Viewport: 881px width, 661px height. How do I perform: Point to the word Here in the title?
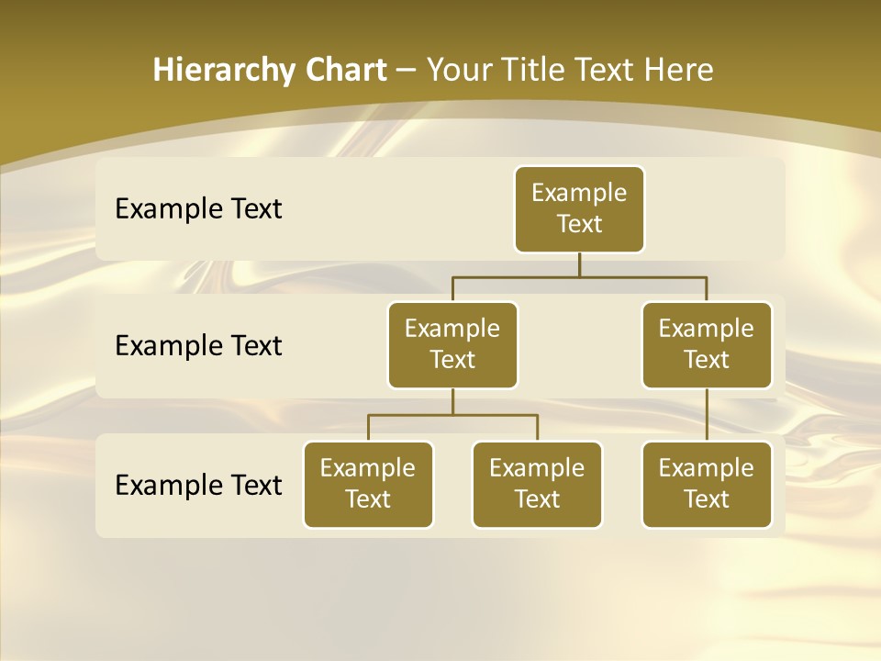(679, 71)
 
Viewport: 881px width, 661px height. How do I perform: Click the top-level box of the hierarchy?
(579, 209)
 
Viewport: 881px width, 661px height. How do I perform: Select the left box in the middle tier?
(452, 344)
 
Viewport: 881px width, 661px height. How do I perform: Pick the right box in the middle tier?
(707, 344)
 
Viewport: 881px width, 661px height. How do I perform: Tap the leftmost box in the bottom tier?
(368, 484)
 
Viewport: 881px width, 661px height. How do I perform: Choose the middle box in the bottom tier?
(537, 484)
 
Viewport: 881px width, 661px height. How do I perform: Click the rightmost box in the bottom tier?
(707, 484)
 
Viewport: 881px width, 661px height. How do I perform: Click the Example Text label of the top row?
(198, 209)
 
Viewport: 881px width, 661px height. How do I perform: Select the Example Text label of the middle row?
(198, 346)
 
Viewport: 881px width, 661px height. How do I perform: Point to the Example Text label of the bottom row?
(198, 485)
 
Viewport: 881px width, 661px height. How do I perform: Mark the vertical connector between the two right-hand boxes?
(707, 415)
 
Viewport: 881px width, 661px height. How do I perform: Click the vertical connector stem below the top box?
(579, 264)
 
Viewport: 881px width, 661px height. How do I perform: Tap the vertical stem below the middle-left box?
(452, 402)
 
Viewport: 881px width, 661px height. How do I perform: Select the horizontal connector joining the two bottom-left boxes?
(452, 415)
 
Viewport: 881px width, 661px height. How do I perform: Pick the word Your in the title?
(457, 71)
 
